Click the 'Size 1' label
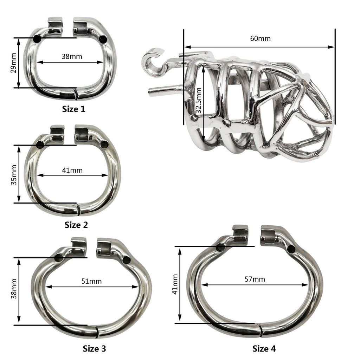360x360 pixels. pyautogui.click(x=73, y=109)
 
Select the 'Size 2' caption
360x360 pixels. pyautogui.click(x=76, y=225)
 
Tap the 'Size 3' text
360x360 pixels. pyautogui.click(x=94, y=348)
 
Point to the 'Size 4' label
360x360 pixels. pyautogui.click(x=264, y=348)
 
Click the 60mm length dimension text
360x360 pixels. pyautogui.click(x=260, y=38)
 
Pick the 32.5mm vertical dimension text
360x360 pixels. pyautogui.click(x=199, y=100)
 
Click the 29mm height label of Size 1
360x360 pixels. pyautogui.click(x=13, y=63)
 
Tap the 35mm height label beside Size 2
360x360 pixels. pyautogui.click(x=13, y=174)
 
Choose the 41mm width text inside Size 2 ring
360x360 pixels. pyautogui.click(x=72, y=170)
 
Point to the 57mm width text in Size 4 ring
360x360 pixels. pyautogui.click(x=255, y=279)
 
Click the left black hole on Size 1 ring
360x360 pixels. pyautogui.click(x=37, y=39)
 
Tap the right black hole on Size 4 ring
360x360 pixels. pyautogui.click(x=291, y=249)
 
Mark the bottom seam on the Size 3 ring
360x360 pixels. pyautogui.click(x=97, y=330)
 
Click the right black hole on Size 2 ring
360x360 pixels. pyautogui.click(x=104, y=144)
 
